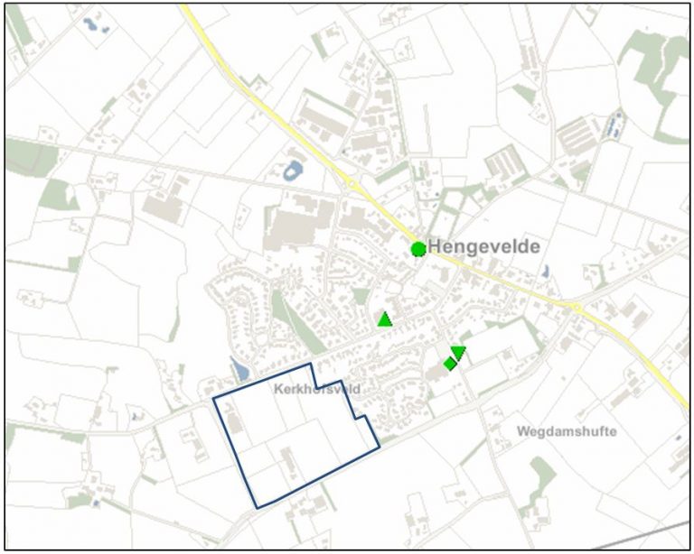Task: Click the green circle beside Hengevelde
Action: (x=417, y=249)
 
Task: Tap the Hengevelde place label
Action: (x=484, y=246)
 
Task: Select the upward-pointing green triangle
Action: (x=385, y=319)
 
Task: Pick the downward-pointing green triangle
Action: (x=458, y=351)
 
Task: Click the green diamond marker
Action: (x=449, y=364)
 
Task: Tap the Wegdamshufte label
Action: (x=567, y=431)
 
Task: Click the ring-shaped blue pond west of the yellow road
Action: (x=294, y=169)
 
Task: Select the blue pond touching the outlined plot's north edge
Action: (x=239, y=369)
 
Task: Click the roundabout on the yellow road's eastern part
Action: (x=575, y=308)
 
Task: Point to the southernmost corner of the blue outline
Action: (x=257, y=508)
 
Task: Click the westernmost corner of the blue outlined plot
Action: (x=213, y=398)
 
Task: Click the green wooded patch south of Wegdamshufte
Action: (x=541, y=474)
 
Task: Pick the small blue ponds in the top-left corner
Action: (x=94, y=24)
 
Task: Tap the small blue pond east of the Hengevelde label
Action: (x=545, y=270)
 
